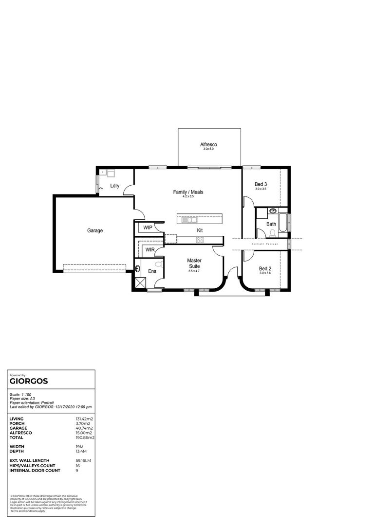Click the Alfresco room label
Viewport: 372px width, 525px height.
point(208,144)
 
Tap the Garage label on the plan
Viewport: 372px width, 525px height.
point(95,230)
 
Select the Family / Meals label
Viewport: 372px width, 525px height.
point(188,192)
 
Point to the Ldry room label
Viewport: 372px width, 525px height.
point(115,186)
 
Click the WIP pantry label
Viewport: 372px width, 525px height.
point(148,227)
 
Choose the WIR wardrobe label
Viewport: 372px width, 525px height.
point(149,250)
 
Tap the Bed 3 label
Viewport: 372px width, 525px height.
point(261,184)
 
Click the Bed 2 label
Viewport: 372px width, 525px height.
point(265,268)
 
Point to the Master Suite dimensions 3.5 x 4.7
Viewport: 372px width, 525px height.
point(194,271)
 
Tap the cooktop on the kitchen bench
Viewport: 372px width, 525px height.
point(200,239)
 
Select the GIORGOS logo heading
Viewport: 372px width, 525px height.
point(29,382)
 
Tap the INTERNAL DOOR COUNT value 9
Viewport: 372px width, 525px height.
point(76,471)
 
